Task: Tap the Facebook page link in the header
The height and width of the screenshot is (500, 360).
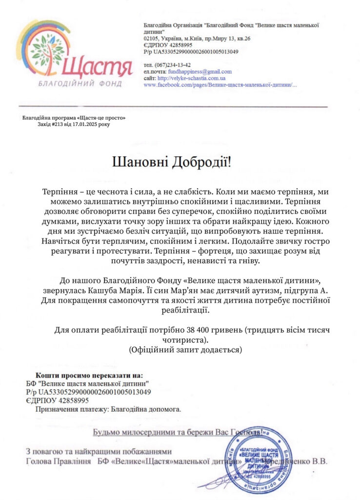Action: tap(220, 85)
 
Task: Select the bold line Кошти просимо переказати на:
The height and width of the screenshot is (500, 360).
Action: tap(89, 375)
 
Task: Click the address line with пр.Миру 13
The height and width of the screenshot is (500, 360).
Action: tap(197, 38)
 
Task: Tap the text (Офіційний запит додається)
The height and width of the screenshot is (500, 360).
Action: tap(185, 350)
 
